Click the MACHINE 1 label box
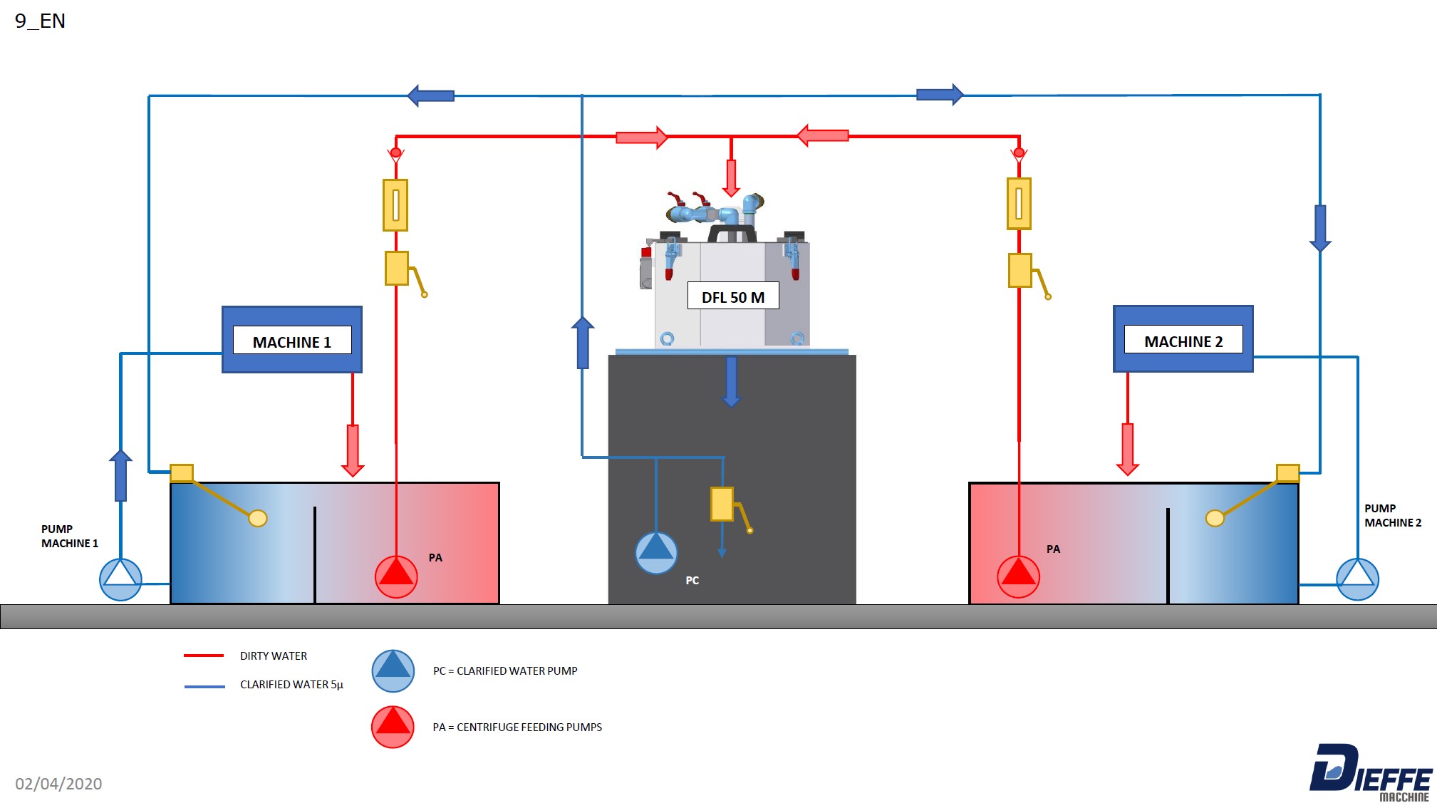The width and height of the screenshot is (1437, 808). [x=292, y=340]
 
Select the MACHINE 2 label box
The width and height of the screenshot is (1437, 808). [x=1183, y=339]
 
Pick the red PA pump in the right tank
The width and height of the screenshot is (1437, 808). [x=1018, y=576]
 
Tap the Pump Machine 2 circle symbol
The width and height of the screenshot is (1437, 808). [x=1357, y=579]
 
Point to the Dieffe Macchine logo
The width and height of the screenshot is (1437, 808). [x=1371, y=772]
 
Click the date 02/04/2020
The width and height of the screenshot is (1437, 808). [x=58, y=784]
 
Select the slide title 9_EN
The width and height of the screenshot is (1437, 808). [x=40, y=21]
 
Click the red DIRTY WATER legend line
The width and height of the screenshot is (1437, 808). [x=204, y=656]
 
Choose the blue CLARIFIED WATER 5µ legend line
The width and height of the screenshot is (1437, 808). [x=204, y=686]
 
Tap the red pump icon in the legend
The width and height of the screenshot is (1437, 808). [x=393, y=727]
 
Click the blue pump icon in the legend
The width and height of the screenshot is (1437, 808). [x=393, y=671]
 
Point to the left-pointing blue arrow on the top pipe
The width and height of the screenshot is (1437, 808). [x=431, y=95]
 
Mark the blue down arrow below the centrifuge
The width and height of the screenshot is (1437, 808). [x=732, y=382]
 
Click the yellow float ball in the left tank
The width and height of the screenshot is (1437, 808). [x=258, y=518]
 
